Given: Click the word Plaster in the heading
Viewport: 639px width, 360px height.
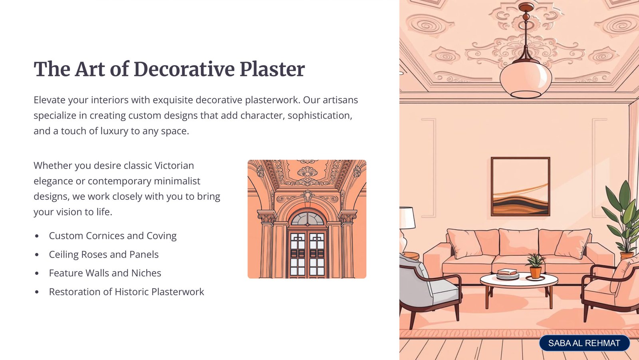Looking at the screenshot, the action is (272, 69).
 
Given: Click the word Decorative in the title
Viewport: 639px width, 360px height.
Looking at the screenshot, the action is (184, 69).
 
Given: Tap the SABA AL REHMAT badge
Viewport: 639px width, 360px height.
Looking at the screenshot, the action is (584, 343).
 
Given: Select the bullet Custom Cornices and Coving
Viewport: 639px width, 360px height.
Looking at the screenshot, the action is (113, 236).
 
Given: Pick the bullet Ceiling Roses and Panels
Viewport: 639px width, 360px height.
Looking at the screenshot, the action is (103, 255).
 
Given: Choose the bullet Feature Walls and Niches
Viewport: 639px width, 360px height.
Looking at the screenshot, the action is (105, 273).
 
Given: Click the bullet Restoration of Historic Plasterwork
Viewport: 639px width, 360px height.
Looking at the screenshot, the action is (126, 292).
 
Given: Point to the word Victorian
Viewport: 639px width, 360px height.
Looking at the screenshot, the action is (174, 165).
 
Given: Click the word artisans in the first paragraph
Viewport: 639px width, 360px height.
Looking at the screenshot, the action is (340, 100).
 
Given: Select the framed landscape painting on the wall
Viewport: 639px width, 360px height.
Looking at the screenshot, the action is (520, 187).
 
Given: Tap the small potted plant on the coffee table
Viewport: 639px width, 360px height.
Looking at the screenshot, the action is (535, 267).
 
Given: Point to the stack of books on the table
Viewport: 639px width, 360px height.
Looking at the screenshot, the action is (508, 274).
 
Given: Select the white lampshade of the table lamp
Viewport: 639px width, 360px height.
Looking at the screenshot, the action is (407, 218).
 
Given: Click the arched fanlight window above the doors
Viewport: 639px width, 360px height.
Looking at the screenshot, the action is (307, 219).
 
